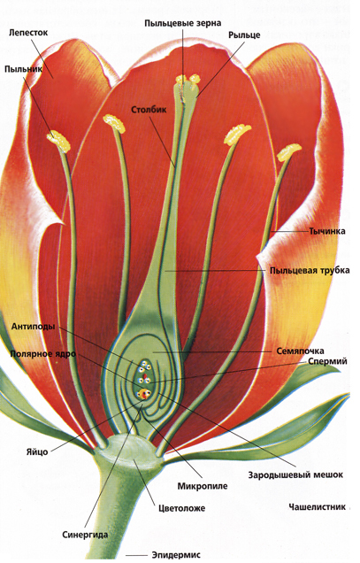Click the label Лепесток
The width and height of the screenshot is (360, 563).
click(x=28, y=33)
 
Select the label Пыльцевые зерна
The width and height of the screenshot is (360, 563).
click(x=183, y=23)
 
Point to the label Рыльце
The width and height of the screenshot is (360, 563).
click(x=244, y=35)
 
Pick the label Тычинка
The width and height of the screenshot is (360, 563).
click(x=327, y=231)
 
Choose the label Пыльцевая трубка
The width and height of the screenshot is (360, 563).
click(x=310, y=270)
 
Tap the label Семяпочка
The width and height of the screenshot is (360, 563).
click(x=300, y=351)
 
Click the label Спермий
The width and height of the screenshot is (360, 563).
click(x=327, y=361)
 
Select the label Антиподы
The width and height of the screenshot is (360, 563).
click(x=33, y=327)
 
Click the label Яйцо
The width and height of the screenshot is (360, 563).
click(x=37, y=451)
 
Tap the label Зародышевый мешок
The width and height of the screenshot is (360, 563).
click(x=295, y=475)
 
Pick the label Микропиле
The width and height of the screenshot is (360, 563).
click(x=203, y=486)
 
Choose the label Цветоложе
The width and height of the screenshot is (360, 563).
click(x=182, y=508)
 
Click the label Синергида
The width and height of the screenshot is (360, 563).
click(x=85, y=535)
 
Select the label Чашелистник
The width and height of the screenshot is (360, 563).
click(x=318, y=506)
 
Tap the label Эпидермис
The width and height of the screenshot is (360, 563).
click(x=176, y=555)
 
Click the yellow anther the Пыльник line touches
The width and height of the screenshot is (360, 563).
click(x=58, y=141)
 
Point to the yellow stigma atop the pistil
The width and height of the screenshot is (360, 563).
click(x=188, y=80)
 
